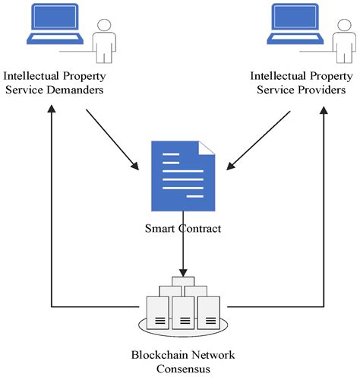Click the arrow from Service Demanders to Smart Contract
click(x=113, y=139)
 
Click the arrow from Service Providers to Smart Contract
click(x=259, y=139)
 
